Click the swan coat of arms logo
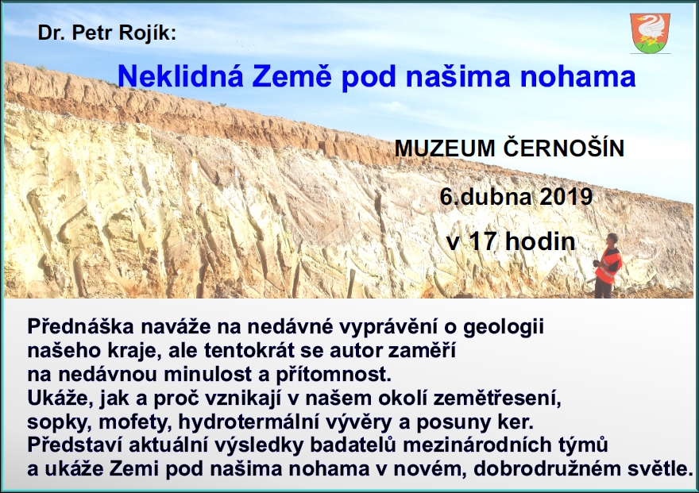[650, 33]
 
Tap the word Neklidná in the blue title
[180, 75]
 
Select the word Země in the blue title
[292, 75]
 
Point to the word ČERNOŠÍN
[564, 148]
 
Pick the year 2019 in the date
[566, 196]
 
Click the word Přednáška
[81, 326]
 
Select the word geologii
[504, 327]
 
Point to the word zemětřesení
[497, 398]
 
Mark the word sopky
[60, 422]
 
